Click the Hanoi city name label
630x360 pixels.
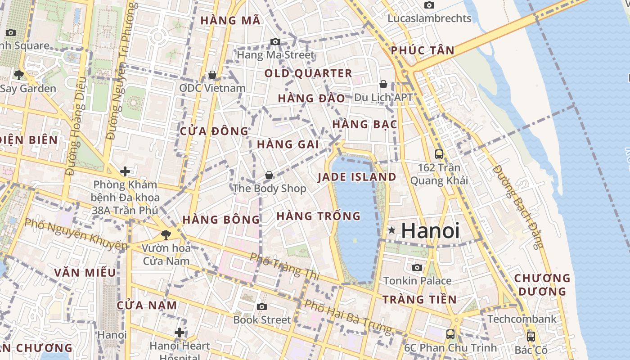(430, 230)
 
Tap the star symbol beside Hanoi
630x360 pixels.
(392, 230)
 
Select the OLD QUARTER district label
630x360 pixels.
(308, 73)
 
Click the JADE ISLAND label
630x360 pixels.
(357, 177)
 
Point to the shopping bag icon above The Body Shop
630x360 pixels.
(269, 175)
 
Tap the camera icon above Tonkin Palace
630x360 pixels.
(417, 267)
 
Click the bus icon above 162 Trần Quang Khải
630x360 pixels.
(439, 154)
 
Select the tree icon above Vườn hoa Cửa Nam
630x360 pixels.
(166, 234)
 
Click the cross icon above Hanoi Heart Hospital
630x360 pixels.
(180, 333)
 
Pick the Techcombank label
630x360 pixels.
(522, 319)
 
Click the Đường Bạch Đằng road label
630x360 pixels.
(518, 207)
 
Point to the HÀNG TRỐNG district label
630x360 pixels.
(319, 216)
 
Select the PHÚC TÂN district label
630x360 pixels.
(423, 50)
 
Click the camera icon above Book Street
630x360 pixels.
(262, 306)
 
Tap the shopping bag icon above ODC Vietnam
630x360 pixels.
(212, 74)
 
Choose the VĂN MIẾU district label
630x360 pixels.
(85, 273)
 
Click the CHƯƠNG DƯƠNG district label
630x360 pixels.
(542, 284)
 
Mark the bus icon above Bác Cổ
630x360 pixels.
(531, 336)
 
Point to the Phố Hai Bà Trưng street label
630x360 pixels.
(348, 316)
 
